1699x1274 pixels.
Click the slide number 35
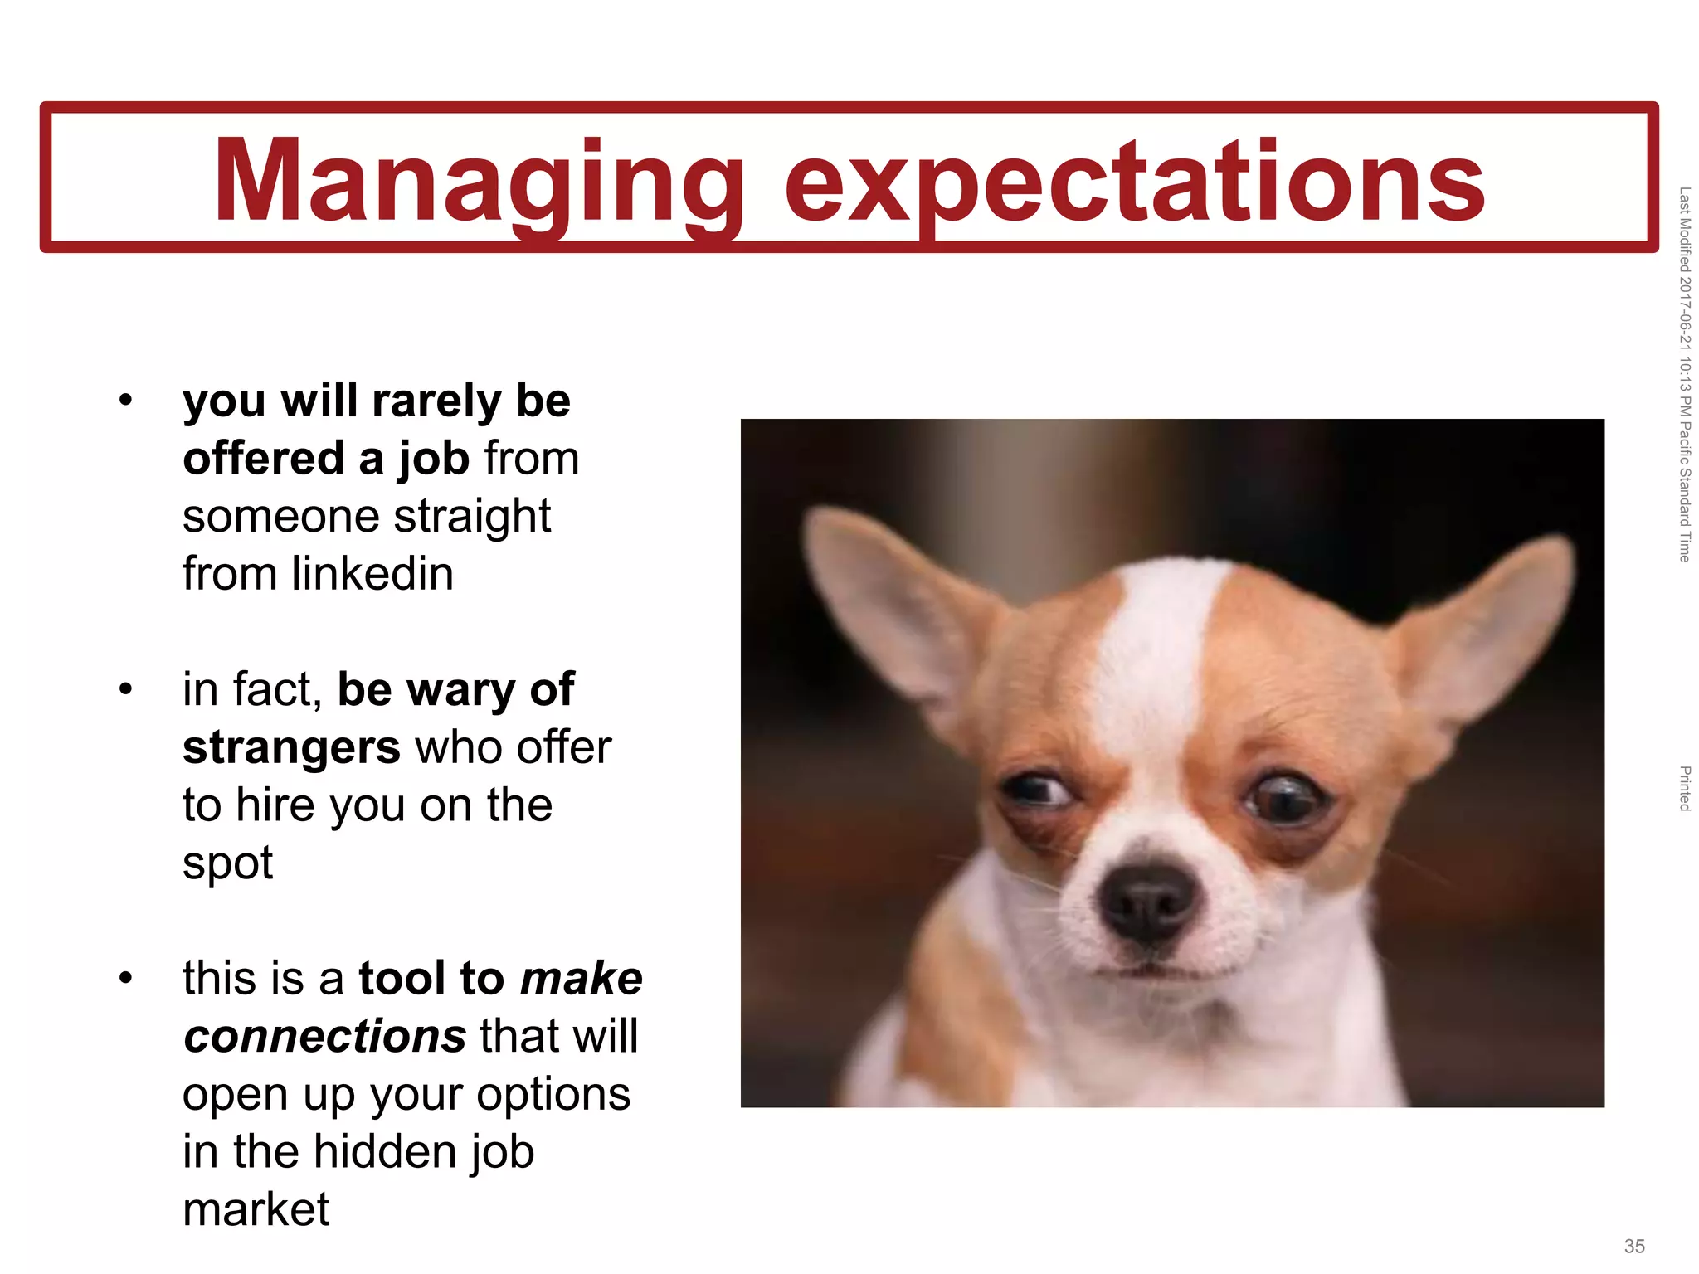(x=1634, y=1246)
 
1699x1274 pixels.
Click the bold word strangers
(x=292, y=747)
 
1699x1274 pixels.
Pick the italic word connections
(x=325, y=1036)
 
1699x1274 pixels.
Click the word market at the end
(x=256, y=1209)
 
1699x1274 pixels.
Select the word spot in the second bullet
(x=227, y=863)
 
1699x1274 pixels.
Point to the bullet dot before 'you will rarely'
(x=126, y=401)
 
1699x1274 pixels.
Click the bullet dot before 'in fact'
(x=126, y=689)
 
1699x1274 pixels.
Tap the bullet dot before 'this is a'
(x=126, y=978)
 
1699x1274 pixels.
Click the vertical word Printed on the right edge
(x=1685, y=788)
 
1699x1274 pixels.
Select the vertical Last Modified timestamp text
(x=1685, y=374)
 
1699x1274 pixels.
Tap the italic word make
(x=581, y=979)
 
